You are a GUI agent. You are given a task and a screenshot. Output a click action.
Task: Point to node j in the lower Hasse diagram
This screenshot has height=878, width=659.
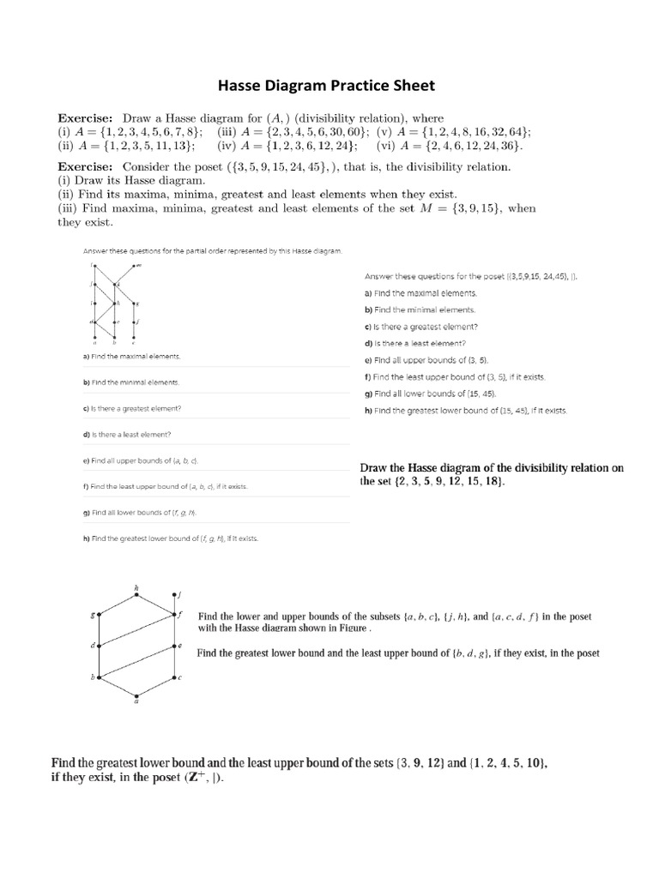[176, 594]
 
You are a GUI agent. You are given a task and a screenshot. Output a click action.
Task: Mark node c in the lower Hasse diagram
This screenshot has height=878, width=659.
[176, 677]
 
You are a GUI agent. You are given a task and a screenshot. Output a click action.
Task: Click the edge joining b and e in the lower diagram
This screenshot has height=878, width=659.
[137, 661]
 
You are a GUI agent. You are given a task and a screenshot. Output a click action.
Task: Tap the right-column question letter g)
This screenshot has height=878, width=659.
[368, 394]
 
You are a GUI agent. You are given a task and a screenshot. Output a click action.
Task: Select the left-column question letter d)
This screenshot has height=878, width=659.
[87, 434]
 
